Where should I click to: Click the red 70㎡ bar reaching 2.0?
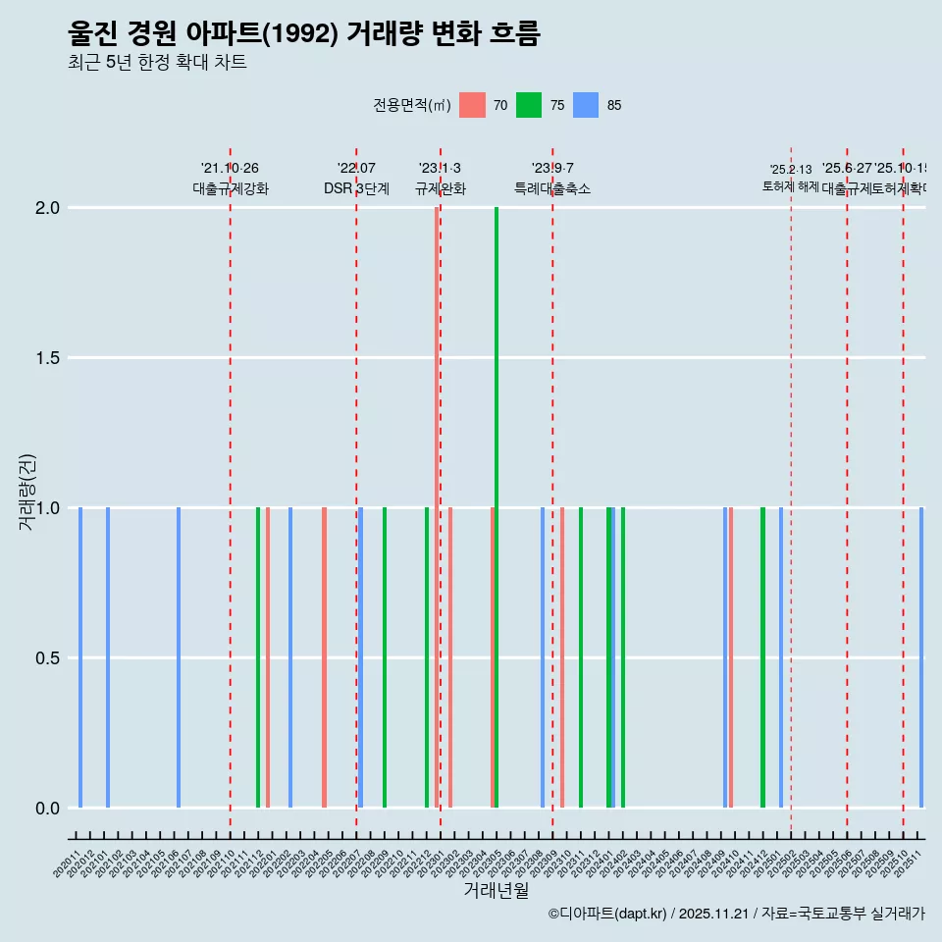pos(437,507)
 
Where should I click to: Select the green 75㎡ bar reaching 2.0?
pos(497,507)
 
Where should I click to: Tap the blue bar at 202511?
pos(921,657)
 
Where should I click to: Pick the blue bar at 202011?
pos(80,657)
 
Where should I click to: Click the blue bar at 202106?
pos(179,657)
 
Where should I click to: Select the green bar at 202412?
pos(762,657)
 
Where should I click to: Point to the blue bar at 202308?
pos(543,657)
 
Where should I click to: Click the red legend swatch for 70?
pos(472,105)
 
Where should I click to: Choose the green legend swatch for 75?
pos(529,105)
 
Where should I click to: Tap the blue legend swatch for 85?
pos(586,105)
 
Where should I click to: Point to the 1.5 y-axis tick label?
pos(46,358)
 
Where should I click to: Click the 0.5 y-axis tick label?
pos(46,658)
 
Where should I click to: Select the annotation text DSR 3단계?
pos(357,188)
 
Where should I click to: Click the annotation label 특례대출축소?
pos(552,188)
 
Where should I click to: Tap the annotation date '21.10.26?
pos(230,169)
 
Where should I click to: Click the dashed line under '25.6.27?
pos(847,491)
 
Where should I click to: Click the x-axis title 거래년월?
pos(497,890)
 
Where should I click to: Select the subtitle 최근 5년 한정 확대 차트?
pos(157,62)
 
